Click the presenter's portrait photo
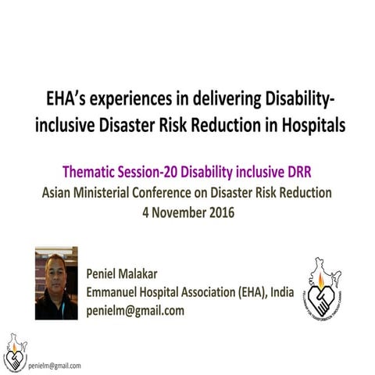click(x=56, y=283)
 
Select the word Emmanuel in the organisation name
click(x=117, y=294)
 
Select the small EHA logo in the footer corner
click(x=13, y=352)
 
